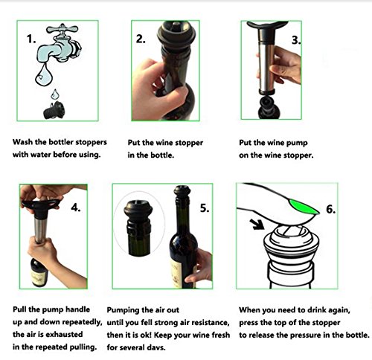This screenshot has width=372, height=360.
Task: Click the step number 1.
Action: coord(31,39)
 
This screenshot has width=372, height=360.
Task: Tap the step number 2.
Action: coord(141,39)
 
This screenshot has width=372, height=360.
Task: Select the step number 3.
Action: coord(296,40)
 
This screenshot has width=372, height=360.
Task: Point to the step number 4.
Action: coord(76,208)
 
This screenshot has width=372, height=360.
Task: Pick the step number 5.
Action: coord(205,208)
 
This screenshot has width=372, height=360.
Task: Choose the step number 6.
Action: coord(331,209)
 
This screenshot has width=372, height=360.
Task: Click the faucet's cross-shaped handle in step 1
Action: coord(62,29)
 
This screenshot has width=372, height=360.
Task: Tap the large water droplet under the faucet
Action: coord(44,75)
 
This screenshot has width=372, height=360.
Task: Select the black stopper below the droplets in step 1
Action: coord(54,110)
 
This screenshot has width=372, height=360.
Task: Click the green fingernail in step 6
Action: coord(304,207)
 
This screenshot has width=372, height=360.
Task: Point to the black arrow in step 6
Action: coord(257,224)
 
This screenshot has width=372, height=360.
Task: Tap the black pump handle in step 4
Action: coord(41,206)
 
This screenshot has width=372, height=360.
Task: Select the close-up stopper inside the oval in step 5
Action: coord(138,228)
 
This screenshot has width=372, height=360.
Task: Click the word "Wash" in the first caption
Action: coord(23,142)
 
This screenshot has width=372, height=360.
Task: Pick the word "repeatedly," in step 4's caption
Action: coord(82,322)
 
